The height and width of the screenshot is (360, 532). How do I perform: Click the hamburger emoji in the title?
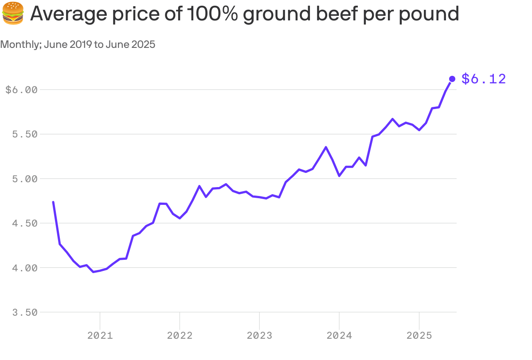pyautogui.click(x=13, y=13)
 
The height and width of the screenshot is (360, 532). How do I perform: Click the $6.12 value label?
pyautogui.click(x=483, y=79)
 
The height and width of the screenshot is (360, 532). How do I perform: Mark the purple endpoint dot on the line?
pyautogui.click(x=452, y=79)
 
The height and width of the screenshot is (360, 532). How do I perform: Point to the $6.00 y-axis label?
pyautogui.click(x=21, y=90)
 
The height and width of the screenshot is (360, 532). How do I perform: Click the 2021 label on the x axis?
pyautogui.click(x=100, y=336)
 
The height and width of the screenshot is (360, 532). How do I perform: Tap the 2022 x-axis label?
pyautogui.click(x=180, y=336)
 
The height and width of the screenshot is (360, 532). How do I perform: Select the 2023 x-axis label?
pyautogui.click(x=259, y=336)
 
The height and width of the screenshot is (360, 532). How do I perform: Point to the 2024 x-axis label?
pyautogui.click(x=339, y=336)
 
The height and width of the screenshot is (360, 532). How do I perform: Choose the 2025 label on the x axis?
pyautogui.click(x=419, y=336)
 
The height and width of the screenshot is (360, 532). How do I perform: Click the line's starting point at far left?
pyautogui.click(x=53, y=202)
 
